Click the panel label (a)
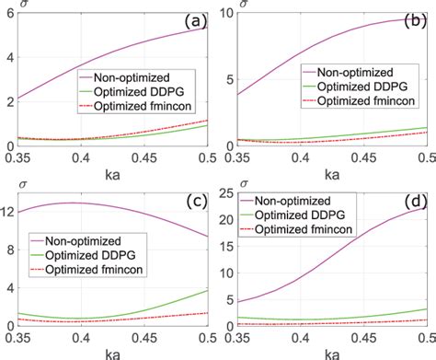pos(196,18)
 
